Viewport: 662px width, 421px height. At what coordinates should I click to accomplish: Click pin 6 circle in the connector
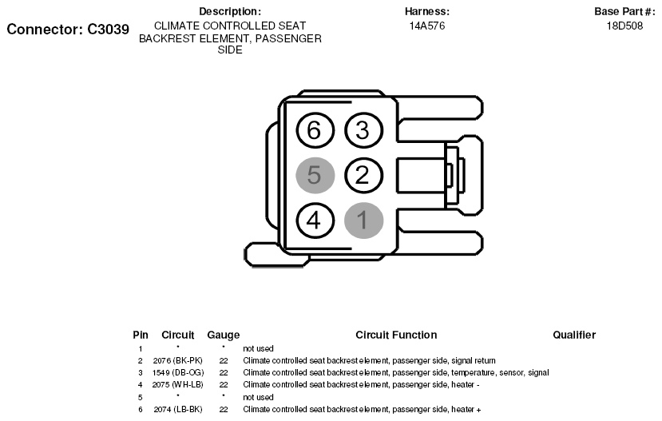[315, 130]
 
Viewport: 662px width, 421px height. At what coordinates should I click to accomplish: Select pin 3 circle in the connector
[363, 130]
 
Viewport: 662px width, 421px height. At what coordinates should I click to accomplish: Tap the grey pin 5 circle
[315, 175]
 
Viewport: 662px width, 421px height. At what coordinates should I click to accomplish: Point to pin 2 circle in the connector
[363, 175]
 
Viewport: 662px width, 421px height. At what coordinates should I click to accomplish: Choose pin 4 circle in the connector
[315, 220]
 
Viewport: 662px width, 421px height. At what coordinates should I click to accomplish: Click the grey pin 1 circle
[363, 220]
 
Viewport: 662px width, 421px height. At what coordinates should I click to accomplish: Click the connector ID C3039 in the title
[108, 29]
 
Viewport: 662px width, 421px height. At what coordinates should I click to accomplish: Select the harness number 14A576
[427, 26]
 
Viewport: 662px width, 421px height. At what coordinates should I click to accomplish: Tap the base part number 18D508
[624, 26]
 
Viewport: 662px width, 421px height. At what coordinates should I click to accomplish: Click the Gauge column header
[224, 336]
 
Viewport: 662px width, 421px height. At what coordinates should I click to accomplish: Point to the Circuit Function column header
[396, 335]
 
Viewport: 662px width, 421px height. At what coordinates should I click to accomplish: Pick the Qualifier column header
[574, 335]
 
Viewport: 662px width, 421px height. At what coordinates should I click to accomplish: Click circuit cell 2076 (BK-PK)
[178, 360]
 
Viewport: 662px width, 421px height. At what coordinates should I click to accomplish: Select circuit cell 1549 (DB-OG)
[178, 373]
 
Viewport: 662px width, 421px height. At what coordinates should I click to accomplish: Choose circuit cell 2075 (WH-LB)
[178, 385]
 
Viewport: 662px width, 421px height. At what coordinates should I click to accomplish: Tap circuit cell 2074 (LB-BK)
[178, 409]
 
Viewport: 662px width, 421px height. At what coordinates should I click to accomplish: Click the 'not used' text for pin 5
[258, 397]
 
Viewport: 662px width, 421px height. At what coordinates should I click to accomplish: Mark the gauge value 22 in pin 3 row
[224, 373]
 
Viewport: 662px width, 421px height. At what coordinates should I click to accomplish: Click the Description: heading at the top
[230, 11]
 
